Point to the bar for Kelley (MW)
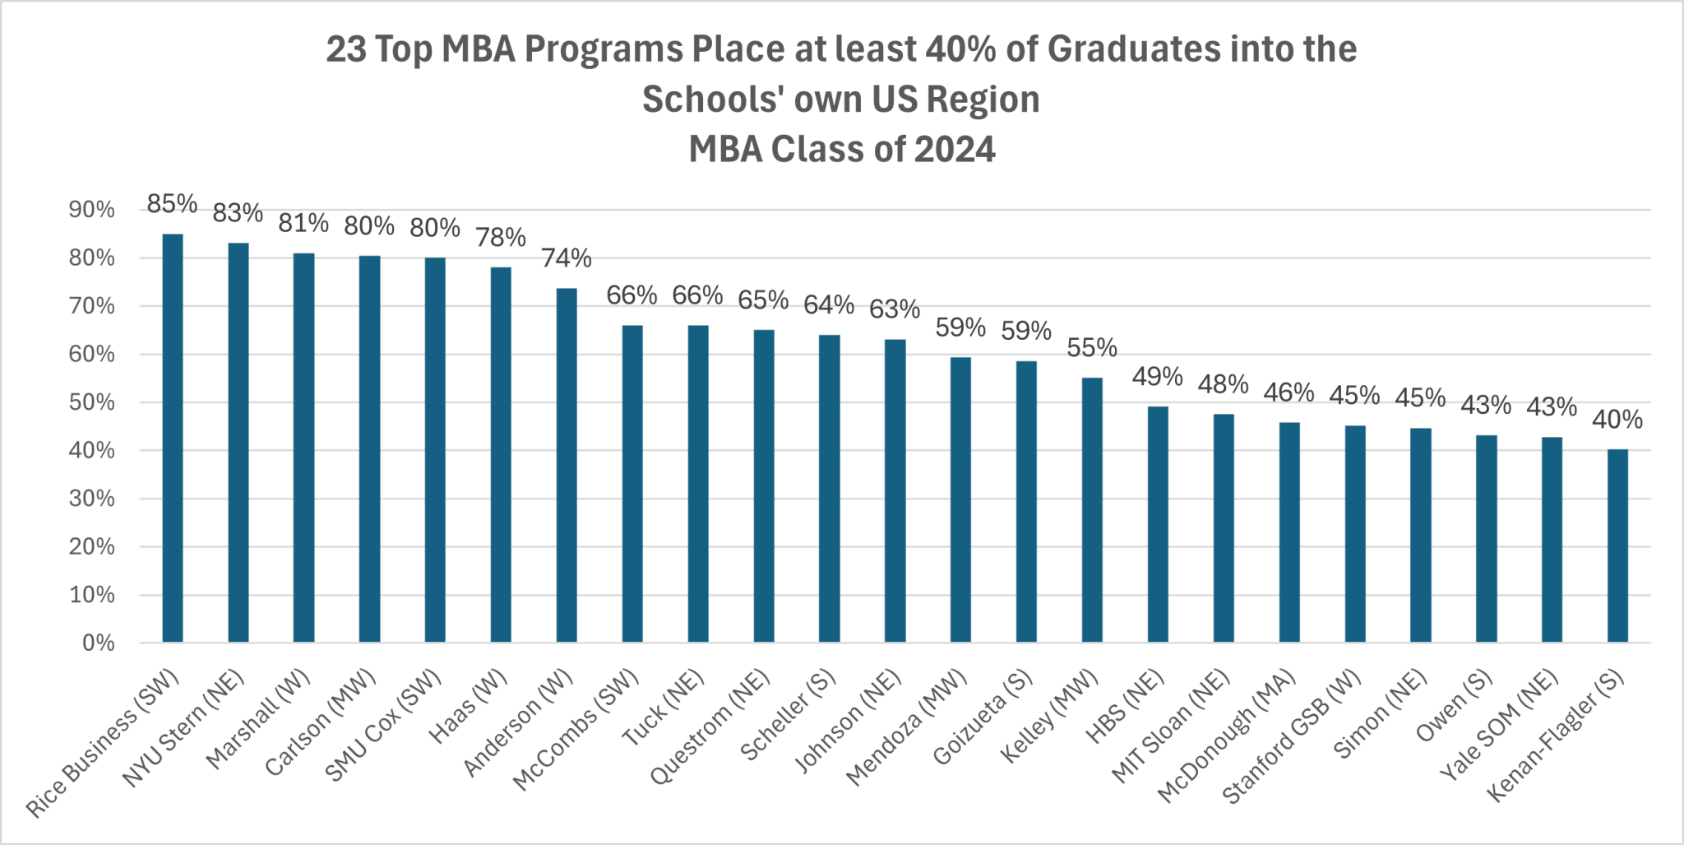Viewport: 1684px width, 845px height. pyautogui.click(x=1092, y=510)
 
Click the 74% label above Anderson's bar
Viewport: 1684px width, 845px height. pyautogui.click(x=567, y=258)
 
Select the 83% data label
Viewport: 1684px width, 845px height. pyautogui.click(x=238, y=213)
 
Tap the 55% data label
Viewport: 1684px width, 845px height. pyautogui.click(x=1092, y=348)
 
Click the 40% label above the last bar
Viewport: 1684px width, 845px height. pyautogui.click(x=1617, y=420)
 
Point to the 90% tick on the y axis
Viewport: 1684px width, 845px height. pyautogui.click(x=92, y=210)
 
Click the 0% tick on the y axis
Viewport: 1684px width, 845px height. pyautogui.click(x=99, y=643)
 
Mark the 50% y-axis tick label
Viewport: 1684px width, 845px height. pyautogui.click(x=92, y=402)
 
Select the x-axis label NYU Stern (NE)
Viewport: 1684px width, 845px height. pyautogui.click(x=185, y=727)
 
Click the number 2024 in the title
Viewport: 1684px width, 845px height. pyautogui.click(x=955, y=150)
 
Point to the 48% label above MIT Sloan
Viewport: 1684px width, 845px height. pyautogui.click(x=1223, y=384)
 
